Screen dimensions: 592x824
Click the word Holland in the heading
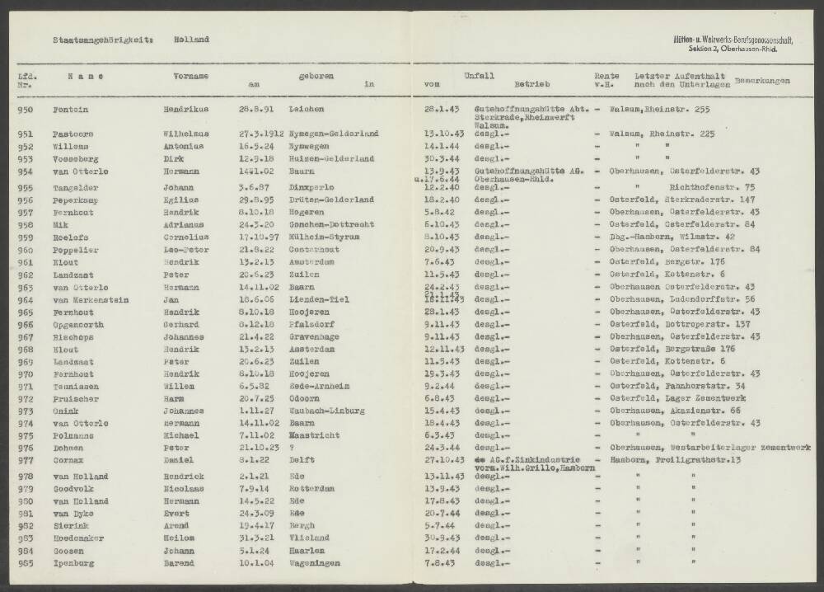tap(191, 40)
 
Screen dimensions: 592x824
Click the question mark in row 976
tap(292, 447)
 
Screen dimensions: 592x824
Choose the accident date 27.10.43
tap(443, 459)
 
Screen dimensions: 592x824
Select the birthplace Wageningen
tap(316, 564)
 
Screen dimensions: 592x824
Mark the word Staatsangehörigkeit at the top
tap(102, 40)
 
